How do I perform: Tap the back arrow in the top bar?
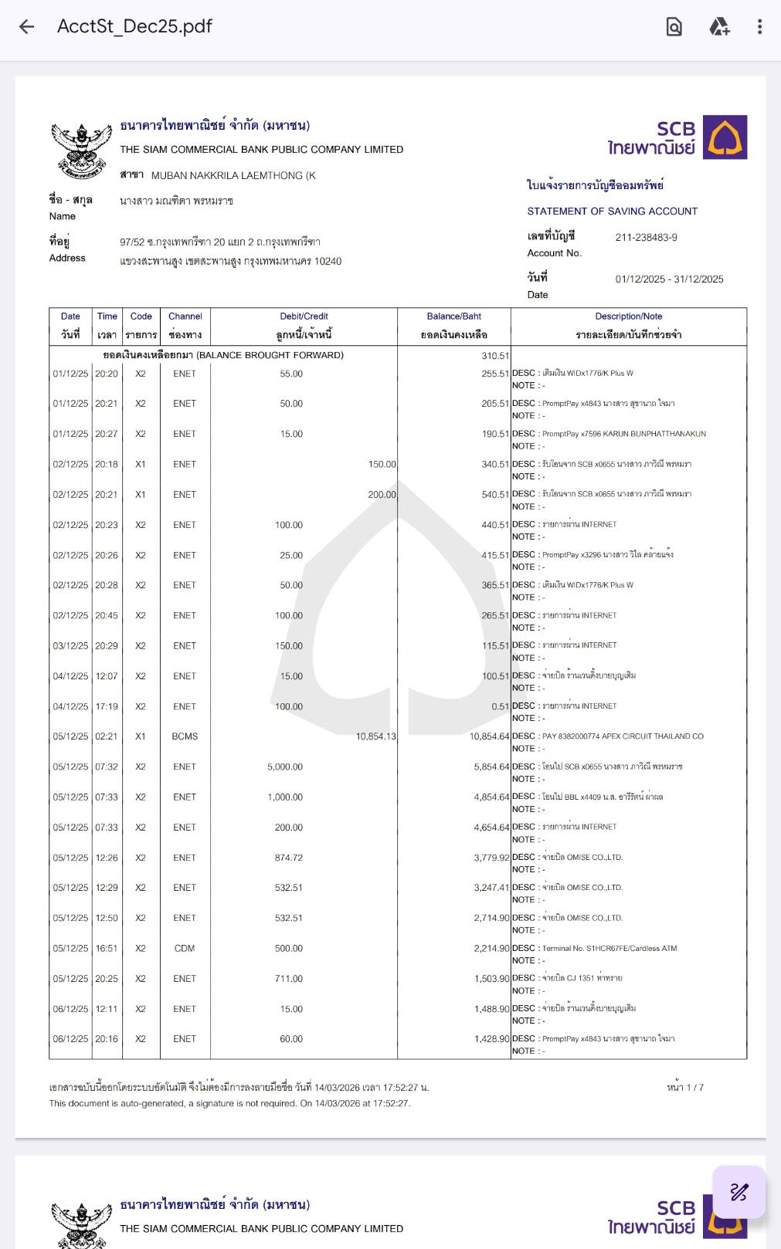pos(27,27)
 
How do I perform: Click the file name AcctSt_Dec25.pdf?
pos(134,27)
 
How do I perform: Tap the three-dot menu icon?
pos(759,27)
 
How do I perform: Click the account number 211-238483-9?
pos(646,238)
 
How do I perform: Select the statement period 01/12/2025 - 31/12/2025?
pos(669,279)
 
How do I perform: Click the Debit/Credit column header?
pos(304,316)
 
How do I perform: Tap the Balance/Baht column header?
pos(453,316)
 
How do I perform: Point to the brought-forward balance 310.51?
pos(495,356)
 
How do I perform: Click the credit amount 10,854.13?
pos(375,736)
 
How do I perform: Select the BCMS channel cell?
pos(185,736)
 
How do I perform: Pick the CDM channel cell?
pos(185,949)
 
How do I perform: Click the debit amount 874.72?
pos(289,858)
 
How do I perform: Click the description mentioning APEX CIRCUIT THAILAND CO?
pos(623,736)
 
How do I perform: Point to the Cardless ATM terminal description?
pos(610,949)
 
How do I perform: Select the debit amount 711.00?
pos(289,979)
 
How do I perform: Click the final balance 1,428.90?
pos(491,1039)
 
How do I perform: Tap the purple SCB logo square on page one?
pos(725,137)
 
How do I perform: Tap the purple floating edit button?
pos(739,1192)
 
